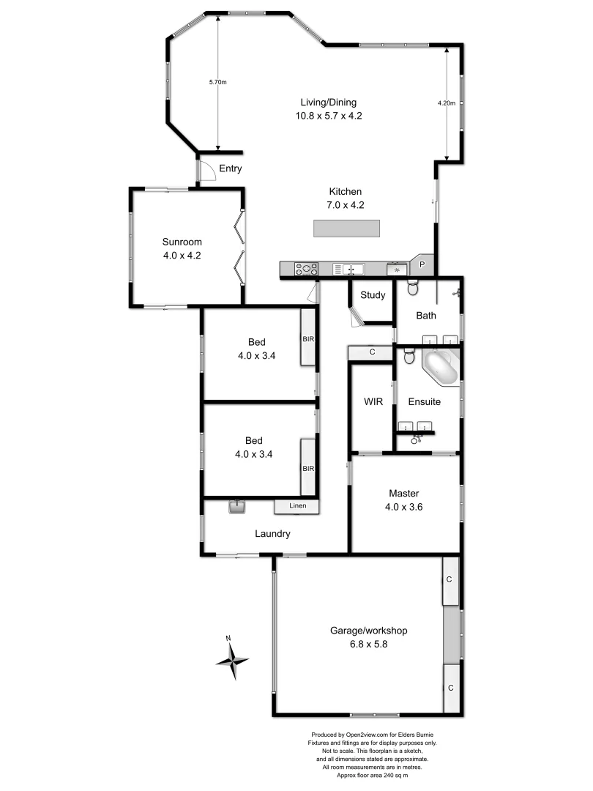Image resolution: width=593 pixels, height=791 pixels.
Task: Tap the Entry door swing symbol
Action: (207, 171)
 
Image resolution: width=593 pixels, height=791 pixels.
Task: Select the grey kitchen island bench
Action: (347, 229)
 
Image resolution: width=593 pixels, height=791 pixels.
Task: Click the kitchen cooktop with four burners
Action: (306, 270)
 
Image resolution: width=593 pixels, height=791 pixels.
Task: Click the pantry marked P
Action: (422, 264)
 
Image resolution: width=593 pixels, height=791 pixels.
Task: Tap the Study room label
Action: (373, 296)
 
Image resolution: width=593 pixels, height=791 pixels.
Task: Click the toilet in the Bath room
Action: (412, 289)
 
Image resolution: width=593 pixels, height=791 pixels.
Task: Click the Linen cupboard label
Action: (296, 506)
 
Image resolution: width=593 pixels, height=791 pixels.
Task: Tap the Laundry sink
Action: (236, 507)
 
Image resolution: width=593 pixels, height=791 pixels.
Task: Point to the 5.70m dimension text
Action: (217, 82)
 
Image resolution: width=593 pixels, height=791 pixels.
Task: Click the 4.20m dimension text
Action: (447, 103)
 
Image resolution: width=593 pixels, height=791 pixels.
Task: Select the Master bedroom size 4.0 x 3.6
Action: (403, 505)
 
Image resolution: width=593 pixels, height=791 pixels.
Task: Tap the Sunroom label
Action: (182, 242)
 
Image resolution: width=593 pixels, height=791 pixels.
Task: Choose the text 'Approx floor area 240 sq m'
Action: (377, 775)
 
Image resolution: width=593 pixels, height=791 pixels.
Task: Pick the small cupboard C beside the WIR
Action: (372, 353)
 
